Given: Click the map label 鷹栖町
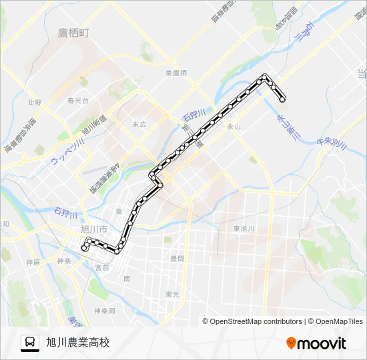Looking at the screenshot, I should tap(73, 32).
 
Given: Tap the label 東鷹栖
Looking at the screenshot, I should tap(176, 73).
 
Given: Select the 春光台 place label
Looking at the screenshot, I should tap(77, 101).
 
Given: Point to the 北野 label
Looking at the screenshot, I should tap(34, 103).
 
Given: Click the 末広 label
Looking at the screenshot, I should tap(139, 124).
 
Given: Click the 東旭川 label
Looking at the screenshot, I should tap(244, 229).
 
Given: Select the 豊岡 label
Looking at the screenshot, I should tap(177, 257).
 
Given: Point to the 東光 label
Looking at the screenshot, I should tap(172, 294).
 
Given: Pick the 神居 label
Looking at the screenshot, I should tap(33, 262).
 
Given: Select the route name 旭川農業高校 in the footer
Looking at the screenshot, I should tap(77, 343).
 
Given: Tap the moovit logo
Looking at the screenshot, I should tap(316, 343).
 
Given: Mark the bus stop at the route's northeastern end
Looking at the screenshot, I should tap(283, 99).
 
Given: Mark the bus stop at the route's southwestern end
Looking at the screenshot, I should tap(84, 247).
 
